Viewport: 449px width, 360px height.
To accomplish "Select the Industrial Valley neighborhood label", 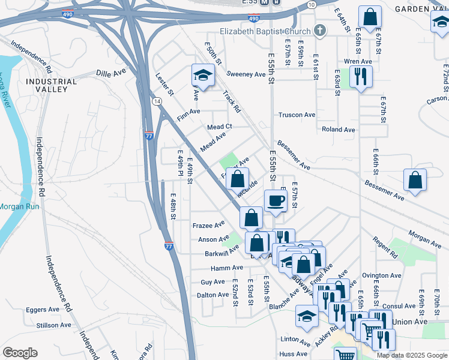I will [x=51, y=85].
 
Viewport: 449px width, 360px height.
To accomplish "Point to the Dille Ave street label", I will [x=110, y=73].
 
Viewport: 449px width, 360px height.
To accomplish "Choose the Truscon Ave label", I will [x=297, y=115].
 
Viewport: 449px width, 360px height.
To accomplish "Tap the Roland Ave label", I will [x=338, y=129].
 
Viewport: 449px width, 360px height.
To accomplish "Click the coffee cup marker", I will [x=276, y=200].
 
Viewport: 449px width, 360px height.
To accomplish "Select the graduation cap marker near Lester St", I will [x=203, y=76].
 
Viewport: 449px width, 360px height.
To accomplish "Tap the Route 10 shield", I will [x=311, y=5].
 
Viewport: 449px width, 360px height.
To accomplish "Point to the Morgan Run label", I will [x=19, y=206].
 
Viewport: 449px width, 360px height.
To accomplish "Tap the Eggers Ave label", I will [x=43, y=310].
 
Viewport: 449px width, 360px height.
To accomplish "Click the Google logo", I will [x=20, y=353].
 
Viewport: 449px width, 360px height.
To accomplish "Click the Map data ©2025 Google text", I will [x=412, y=355].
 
